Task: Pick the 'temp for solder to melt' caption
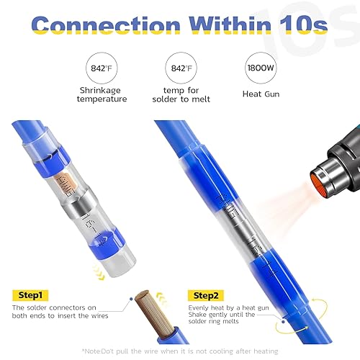pyautogui.click(x=179, y=99)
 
